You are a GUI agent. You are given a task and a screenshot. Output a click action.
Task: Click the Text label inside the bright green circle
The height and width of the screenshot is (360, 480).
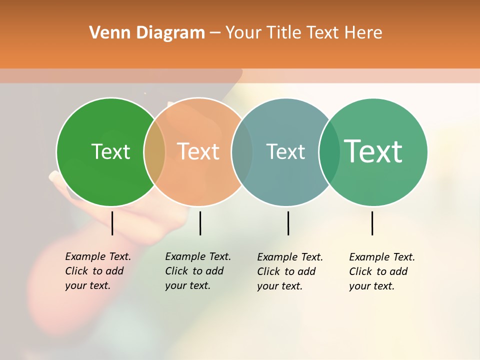click(x=110, y=151)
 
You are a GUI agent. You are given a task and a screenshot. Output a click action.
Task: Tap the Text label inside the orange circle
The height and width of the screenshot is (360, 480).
click(x=198, y=151)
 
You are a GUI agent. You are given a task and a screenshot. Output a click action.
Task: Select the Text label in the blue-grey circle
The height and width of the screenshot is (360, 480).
click(x=285, y=151)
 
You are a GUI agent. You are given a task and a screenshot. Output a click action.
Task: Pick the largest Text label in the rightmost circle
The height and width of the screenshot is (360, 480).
click(x=373, y=151)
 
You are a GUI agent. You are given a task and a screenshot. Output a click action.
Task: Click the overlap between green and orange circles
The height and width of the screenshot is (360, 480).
click(x=154, y=152)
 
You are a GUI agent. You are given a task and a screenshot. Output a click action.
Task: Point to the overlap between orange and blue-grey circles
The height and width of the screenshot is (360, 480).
click(x=242, y=152)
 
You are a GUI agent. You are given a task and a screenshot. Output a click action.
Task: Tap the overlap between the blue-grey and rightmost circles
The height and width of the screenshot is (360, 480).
click(x=329, y=152)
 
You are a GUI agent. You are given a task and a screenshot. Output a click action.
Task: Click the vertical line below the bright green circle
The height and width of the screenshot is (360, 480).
click(x=112, y=223)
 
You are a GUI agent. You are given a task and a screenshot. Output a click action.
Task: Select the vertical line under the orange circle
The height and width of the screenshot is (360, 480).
click(x=200, y=223)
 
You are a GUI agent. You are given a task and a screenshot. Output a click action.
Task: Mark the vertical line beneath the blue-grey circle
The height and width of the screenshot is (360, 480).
click(x=288, y=223)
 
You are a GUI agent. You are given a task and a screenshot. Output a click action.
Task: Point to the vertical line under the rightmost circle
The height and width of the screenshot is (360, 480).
click(x=372, y=223)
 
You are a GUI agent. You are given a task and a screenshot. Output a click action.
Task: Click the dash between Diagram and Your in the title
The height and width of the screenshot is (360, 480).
click(x=215, y=33)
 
